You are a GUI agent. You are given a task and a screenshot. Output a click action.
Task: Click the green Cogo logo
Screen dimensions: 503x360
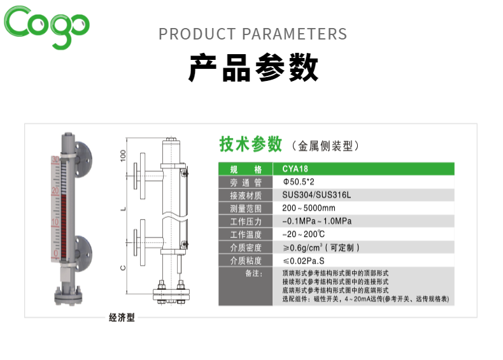click(46, 27)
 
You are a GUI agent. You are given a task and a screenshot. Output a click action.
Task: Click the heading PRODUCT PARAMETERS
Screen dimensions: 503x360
click(253, 34)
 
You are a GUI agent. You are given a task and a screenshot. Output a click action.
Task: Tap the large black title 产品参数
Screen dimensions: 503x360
click(253, 68)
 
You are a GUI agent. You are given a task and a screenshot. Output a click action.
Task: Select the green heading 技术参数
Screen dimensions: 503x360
click(250, 144)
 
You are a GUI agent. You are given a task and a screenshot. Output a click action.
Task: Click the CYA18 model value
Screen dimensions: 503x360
click(295, 169)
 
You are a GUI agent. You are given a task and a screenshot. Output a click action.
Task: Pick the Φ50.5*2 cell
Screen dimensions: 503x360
click(299, 182)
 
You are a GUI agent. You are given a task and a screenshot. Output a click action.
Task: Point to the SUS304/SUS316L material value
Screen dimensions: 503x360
click(316, 195)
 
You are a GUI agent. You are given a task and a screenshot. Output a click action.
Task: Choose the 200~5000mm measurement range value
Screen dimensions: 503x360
click(309, 208)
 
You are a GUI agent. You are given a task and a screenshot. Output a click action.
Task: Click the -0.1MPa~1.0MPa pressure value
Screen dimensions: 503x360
click(317, 221)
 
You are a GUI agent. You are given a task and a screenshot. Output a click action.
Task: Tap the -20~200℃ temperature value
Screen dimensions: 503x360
click(304, 234)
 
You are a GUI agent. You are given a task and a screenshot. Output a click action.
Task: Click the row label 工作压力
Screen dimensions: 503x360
click(246, 222)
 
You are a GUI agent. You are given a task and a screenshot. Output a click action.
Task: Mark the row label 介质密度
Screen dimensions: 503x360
click(246, 248)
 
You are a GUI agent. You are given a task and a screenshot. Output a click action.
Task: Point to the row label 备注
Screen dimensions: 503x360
click(254, 273)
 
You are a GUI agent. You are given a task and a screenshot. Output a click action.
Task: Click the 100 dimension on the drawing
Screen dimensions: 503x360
click(123, 155)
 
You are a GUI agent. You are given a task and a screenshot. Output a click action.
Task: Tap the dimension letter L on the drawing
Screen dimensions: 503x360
click(123, 210)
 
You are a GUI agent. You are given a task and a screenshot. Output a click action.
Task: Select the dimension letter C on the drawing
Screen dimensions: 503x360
click(123, 268)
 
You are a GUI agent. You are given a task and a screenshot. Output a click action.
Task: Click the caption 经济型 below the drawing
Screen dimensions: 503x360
click(122, 317)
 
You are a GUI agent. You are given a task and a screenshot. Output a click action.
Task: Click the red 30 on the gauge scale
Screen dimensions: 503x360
click(55, 159)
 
